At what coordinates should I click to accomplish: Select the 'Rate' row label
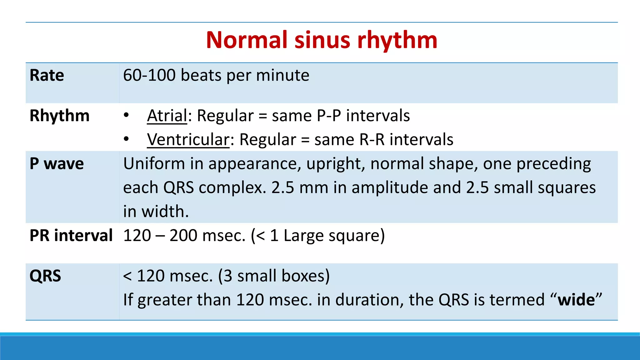pos(47,75)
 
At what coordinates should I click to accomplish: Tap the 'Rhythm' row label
pos(59,116)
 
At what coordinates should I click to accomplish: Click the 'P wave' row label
pos(57,164)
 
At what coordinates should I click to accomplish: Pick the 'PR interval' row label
pos(71,235)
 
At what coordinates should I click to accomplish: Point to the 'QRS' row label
pos(45,276)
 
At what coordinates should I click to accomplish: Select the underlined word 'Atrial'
pos(167,116)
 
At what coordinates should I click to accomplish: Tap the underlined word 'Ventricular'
pos(188,139)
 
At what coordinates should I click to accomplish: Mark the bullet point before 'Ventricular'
pos(126,139)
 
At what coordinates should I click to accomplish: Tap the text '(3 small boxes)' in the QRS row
pos(274,276)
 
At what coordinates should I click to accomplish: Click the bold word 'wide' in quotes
pos(576,300)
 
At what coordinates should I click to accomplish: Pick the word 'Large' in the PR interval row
pos(303,236)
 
